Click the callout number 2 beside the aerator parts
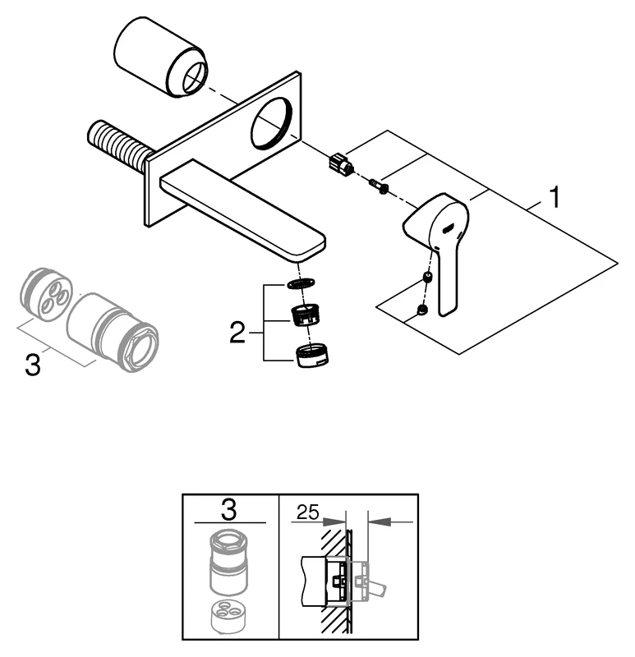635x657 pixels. (x=237, y=333)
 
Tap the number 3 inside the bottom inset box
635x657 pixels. (x=229, y=510)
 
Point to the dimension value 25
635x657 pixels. (x=306, y=513)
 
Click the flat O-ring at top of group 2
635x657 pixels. (x=301, y=285)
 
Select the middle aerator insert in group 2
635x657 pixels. (x=306, y=315)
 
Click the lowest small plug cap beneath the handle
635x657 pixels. (x=422, y=309)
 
